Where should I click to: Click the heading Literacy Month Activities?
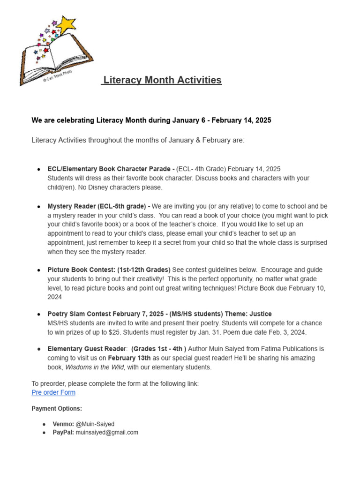(162, 80)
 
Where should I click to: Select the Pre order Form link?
(53, 392)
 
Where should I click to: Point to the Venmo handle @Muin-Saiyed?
(95, 424)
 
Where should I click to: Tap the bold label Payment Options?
(57, 409)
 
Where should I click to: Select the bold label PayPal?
(63, 433)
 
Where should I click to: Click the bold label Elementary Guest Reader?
(87, 349)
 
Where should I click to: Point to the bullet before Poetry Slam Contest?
(38, 314)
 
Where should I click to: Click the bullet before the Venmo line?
(44, 424)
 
